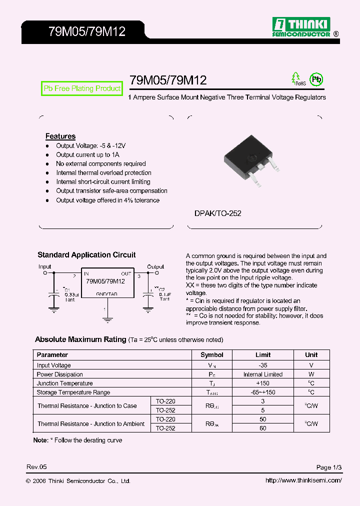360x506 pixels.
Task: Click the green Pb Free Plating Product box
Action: pos(82,88)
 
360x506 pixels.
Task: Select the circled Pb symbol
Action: pos(316,79)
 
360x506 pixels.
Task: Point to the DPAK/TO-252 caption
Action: pos(218,213)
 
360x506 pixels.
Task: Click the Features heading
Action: pos(60,136)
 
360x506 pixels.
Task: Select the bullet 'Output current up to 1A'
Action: pos(87,155)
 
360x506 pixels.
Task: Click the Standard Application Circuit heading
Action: pos(86,255)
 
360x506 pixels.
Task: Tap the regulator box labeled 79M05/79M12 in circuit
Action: pos(107,283)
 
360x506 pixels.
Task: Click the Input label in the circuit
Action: pos(45,266)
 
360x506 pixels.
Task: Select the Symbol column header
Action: pos(212,355)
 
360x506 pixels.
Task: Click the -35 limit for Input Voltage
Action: pos(263,365)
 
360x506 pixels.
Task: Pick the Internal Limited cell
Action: pos(263,374)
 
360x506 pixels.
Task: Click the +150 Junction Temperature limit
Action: pos(263,383)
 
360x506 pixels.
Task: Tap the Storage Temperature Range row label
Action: pos(73,392)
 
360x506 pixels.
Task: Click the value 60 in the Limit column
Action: pos(263,428)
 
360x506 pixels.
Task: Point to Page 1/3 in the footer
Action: pos(329,467)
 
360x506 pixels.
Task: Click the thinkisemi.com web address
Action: pos(303,480)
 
